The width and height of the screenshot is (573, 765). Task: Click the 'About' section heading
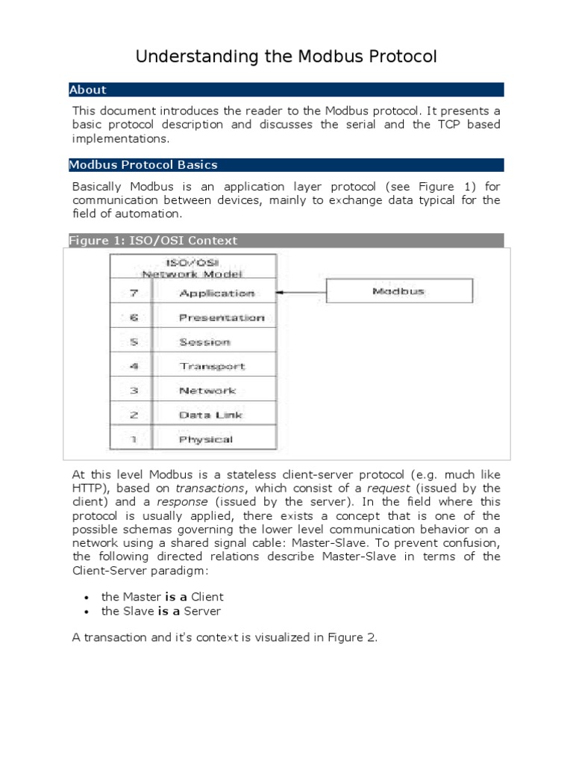pyautogui.click(x=88, y=90)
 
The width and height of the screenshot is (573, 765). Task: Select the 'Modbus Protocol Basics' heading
pyautogui.click(x=143, y=164)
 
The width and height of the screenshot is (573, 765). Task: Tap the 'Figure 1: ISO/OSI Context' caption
pyautogui.click(x=153, y=241)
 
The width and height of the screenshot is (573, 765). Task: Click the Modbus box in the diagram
pyautogui.click(x=398, y=291)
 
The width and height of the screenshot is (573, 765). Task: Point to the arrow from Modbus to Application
pyautogui.click(x=302, y=292)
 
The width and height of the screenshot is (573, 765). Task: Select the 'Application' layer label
pyautogui.click(x=217, y=294)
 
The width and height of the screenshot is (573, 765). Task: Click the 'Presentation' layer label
pyautogui.click(x=222, y=318)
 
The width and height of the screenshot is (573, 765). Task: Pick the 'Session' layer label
pyautogui.click(x=204, y=342)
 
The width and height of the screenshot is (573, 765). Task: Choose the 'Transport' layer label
pyautogui.click(x=212, y=366)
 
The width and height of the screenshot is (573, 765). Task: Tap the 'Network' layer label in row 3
pyautogui.click(x=207, y=391)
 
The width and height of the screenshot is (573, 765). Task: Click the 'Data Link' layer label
pyautogui.click(x=210, y=415)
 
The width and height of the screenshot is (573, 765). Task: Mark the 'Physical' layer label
pyautogui.click(x=206, y=439)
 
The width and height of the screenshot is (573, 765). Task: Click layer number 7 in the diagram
pyautogui.click(x=133, y=294)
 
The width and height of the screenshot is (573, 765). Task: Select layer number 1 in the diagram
pyautogui.click(x=133, y=439)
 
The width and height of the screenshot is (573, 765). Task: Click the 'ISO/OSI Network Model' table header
pyautogui.click(x=194, y=267)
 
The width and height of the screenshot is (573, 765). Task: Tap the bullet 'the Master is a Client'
pyautogui.click(x=162, y=597)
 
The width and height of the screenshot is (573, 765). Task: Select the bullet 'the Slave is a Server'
pyautogui.click(x=161, y=611)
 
